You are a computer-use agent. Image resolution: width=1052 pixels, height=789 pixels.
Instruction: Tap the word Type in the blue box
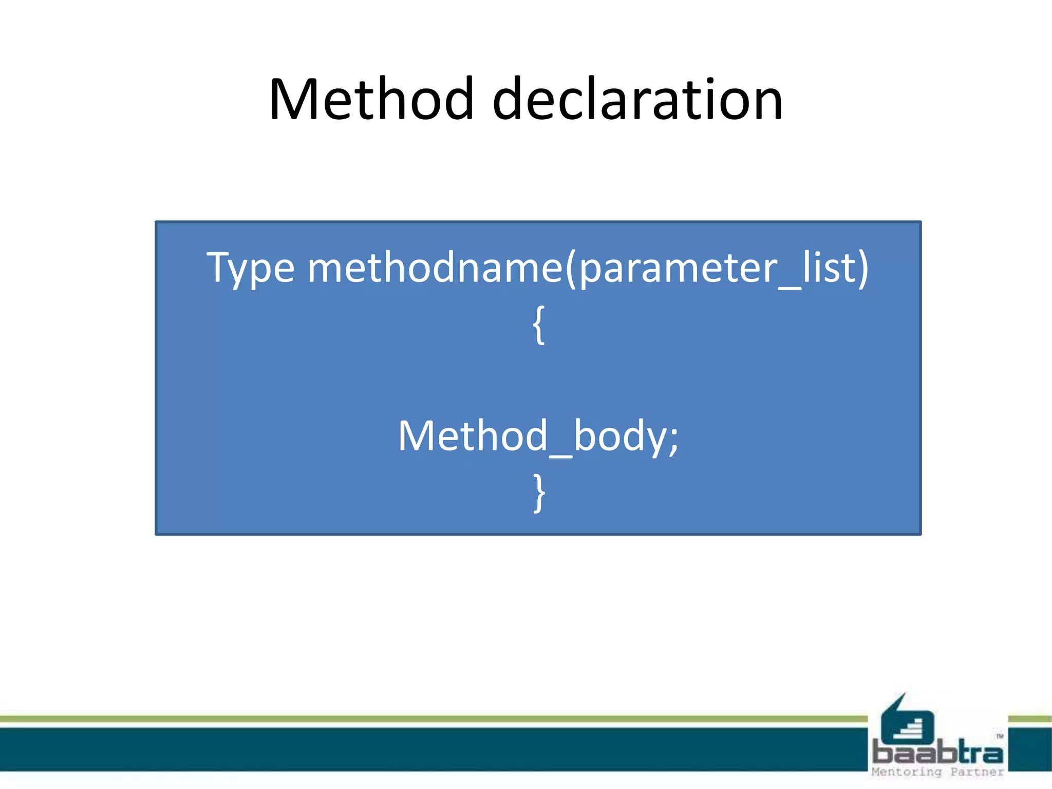250,268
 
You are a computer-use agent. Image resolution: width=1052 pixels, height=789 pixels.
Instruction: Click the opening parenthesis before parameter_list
570,268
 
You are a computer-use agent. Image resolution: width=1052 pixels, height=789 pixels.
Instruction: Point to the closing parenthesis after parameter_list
862,268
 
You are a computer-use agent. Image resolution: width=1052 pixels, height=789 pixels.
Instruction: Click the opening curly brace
538,325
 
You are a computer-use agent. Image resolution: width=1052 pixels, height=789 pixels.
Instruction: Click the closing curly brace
538,493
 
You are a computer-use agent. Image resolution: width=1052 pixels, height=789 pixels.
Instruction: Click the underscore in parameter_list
790,288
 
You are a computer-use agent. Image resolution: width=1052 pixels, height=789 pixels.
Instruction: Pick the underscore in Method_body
560,455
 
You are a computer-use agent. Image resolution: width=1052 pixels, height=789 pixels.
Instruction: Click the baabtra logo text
937,753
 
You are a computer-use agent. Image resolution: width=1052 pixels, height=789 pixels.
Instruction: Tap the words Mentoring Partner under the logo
937,772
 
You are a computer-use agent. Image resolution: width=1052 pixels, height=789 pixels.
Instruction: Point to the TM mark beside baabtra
1000,737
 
